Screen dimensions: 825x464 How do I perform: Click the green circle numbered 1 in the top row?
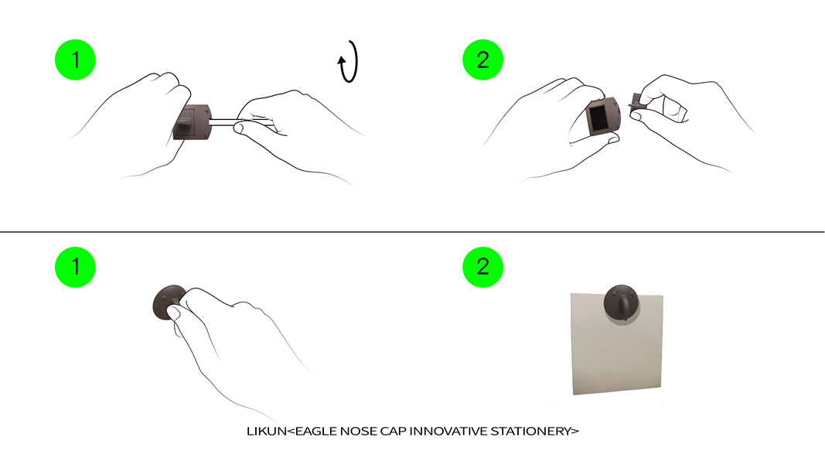[75, 60]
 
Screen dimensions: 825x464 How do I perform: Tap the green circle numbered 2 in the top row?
[483, 60]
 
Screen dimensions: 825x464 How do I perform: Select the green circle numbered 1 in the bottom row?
[75, 267]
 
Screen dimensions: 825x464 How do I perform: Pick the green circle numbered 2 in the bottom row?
[483, 267]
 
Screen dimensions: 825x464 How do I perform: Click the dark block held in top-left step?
[192, 122]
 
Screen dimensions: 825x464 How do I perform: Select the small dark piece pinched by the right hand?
[636, 101]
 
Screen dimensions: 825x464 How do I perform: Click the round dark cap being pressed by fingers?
[169, 302]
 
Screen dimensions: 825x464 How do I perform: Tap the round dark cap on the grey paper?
[622, 302]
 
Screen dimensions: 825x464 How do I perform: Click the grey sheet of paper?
[617, 343]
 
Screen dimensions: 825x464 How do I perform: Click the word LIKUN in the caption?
[267, 432]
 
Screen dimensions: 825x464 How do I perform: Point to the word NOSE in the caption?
[359, 432]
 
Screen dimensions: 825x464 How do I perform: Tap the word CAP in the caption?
[393, 432]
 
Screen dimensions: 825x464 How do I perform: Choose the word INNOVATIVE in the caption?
[448, 432]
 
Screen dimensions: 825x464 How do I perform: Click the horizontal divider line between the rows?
[413, 231]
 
